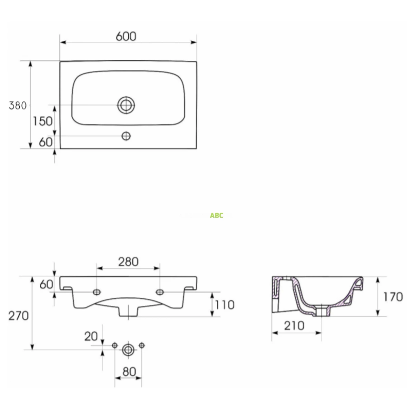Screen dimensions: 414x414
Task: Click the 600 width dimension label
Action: pyautogui.click(x=126, y=36)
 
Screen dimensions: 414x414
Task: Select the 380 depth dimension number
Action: pyautogui.click(x=18, y=106)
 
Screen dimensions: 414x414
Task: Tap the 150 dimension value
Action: pyautogui.click(x=42, y=121)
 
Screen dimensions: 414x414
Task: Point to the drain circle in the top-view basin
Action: pyautogui.click(x=126, y=105)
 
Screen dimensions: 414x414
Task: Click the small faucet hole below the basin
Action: pyautogui.click(x=126, y=136)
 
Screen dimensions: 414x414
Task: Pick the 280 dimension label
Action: pyautogui.click(x=128, y=262)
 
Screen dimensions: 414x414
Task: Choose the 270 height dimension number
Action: pyautogui.click(x=19, y=316)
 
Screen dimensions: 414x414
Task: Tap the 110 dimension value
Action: pyautogui.click(x=225, y=305)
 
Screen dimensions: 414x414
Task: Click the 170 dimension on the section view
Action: pyautogui.click(x=393, y=297)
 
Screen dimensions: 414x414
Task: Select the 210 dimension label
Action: pyautogui.click(x=294, y=326)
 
